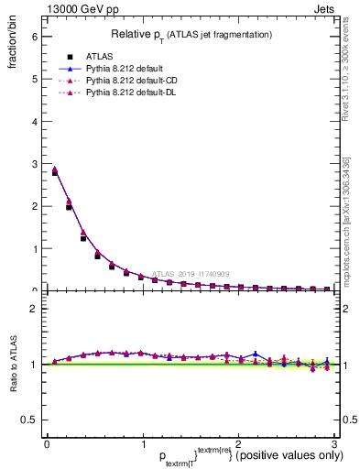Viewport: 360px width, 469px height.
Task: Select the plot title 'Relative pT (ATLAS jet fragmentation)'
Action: tap(191, 34)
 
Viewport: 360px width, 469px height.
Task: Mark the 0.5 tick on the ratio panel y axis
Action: tap(29, 420)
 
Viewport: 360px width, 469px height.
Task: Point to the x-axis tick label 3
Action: tap(334, 443)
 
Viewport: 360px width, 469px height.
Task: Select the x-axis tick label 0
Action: tap(47, 443)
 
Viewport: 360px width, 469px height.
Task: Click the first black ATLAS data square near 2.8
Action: tap(54, 171)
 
